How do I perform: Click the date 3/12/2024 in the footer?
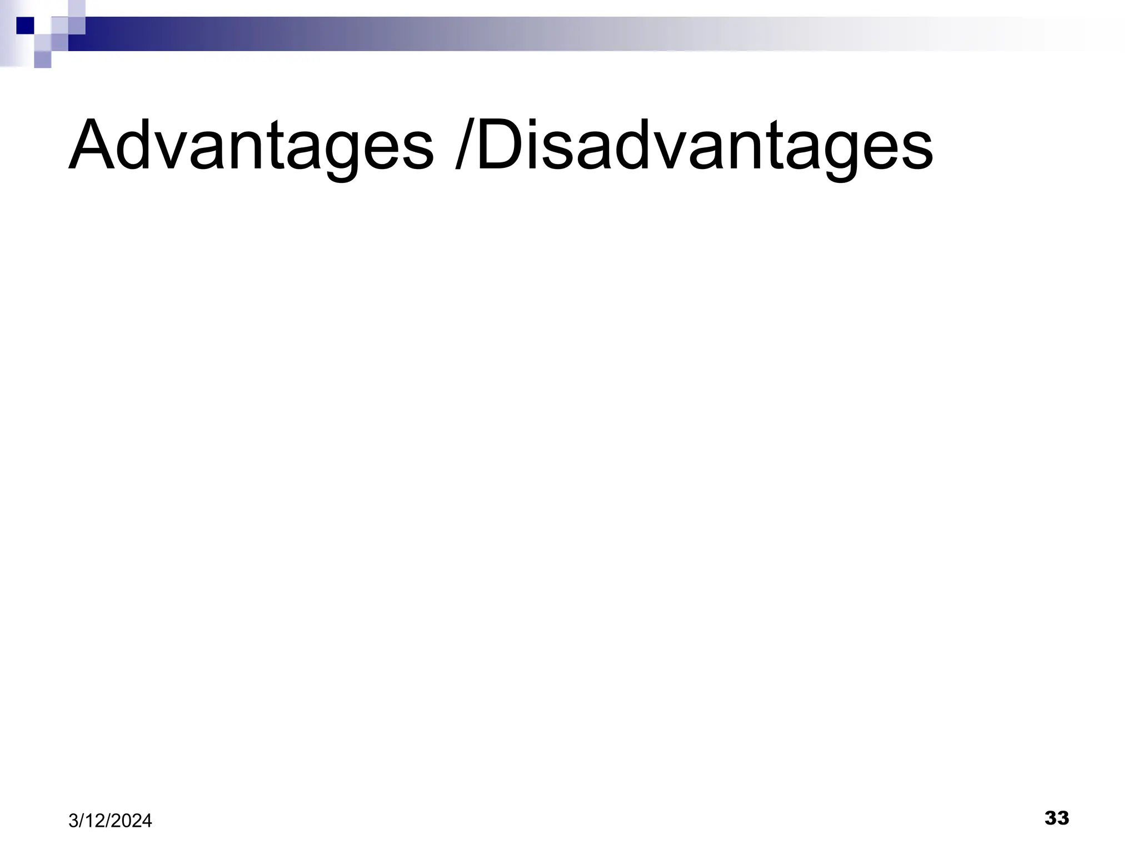(x=110, y=821)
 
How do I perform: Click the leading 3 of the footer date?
(x=73, y=821)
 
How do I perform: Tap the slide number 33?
(x=1056, y=818)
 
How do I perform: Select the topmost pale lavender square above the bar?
(x=77, y=8)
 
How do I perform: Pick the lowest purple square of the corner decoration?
(x=43, y=59)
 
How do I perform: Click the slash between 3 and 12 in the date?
(x=80, y=821)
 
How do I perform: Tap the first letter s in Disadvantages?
(x=564, y=151)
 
